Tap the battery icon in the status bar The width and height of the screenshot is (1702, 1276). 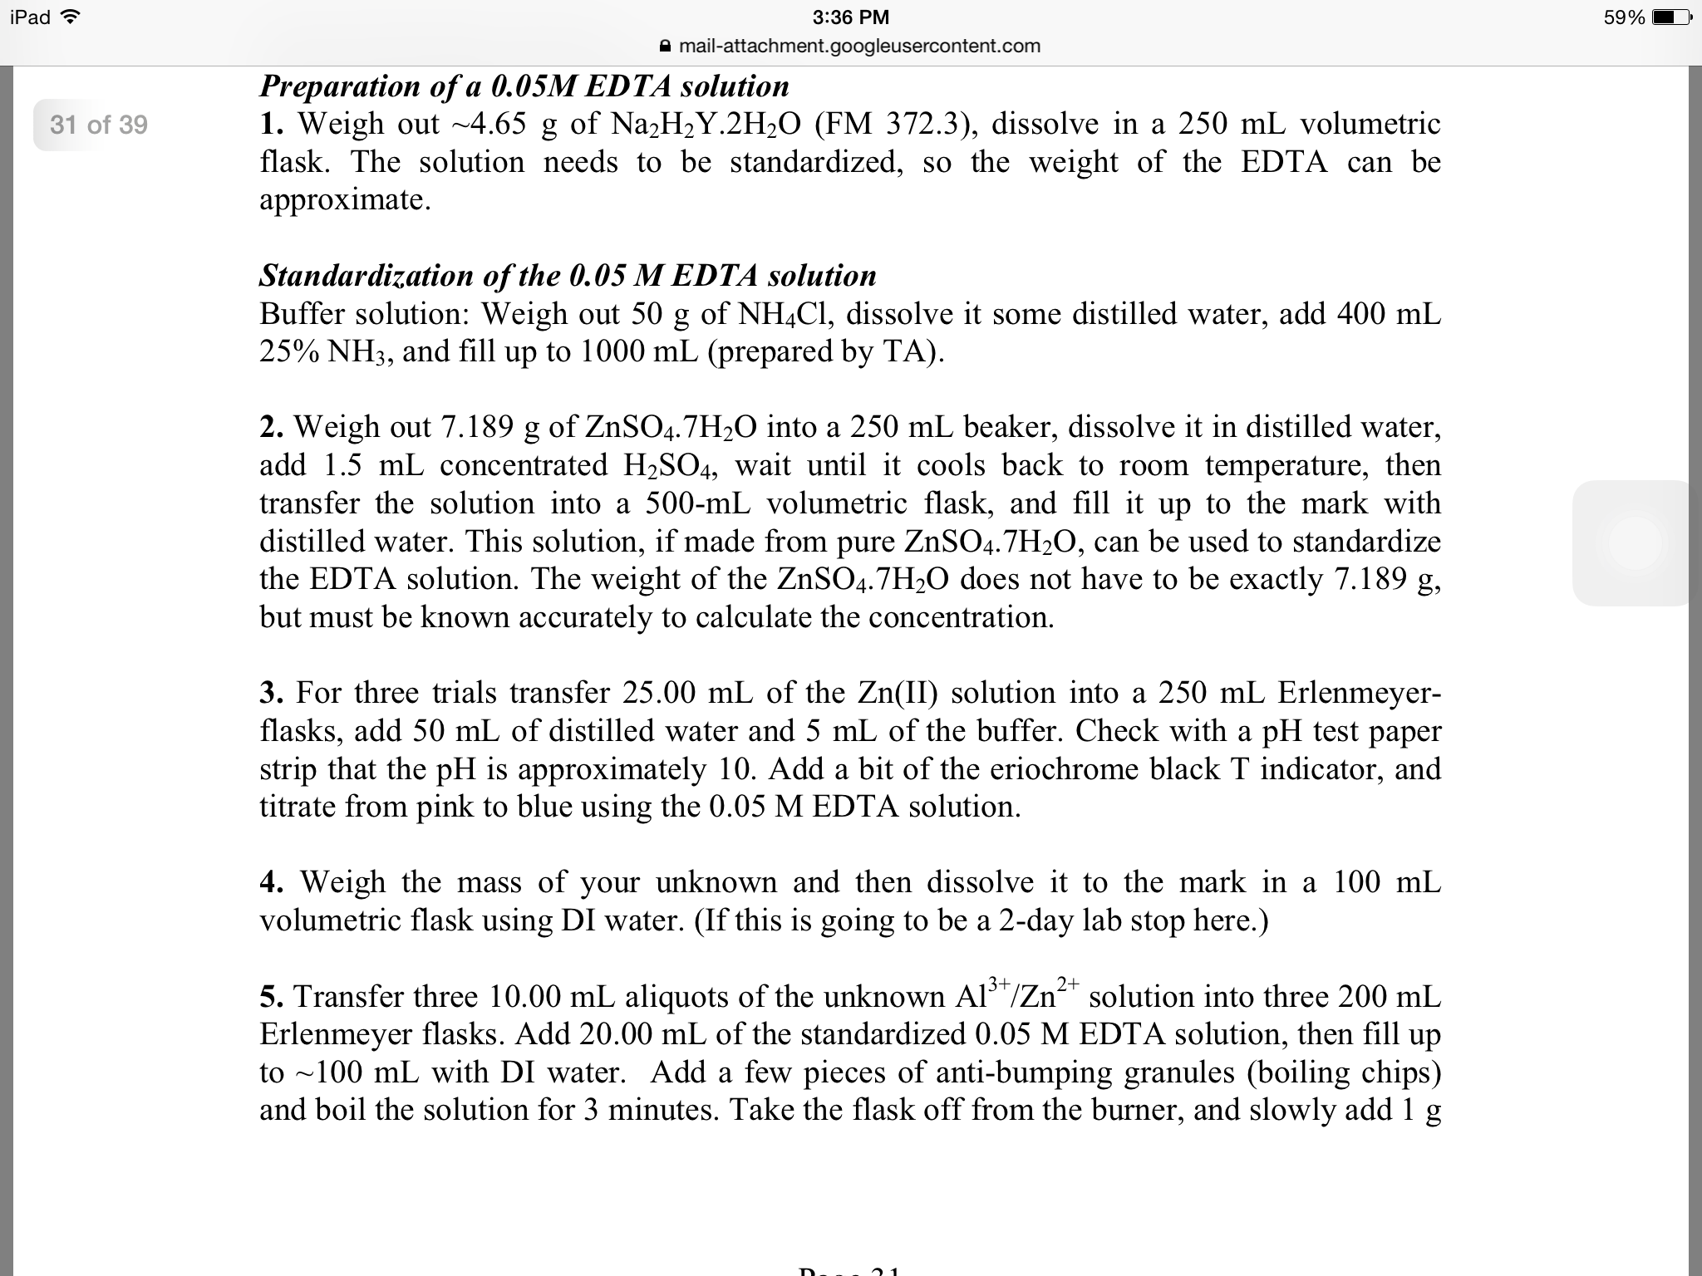click(x=1670, y=17)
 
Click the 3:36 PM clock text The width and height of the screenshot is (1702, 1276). click(x=850, y=17)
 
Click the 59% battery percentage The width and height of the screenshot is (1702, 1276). click(x=1624, y=17)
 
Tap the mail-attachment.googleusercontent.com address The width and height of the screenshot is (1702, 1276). click(x=859, y=46)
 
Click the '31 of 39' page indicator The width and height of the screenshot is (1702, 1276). click(x=98, y=125)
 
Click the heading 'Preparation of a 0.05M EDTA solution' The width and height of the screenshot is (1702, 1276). click(x=524, y=86)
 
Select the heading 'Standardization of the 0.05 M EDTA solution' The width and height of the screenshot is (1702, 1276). click(x=568, y=275)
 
